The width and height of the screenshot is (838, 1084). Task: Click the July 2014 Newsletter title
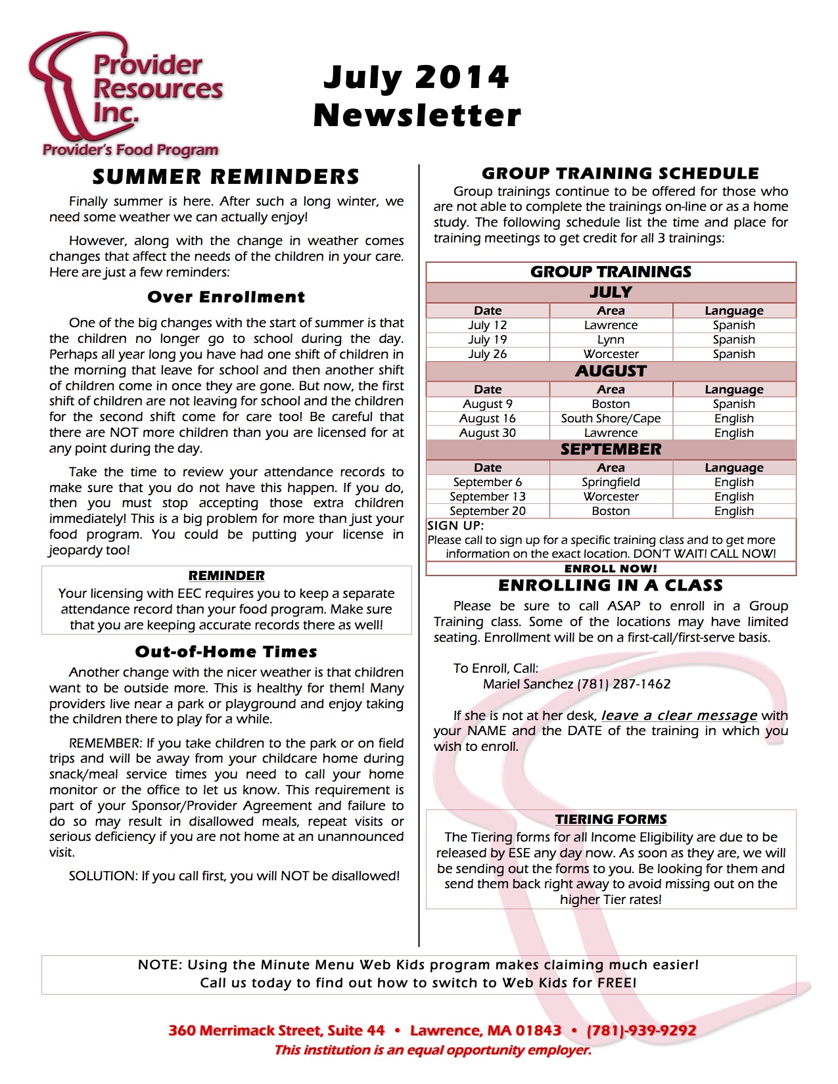tap(417, 96)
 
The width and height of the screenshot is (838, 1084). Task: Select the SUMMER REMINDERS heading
tap(226, 177)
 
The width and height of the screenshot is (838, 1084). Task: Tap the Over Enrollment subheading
tap(226, 297)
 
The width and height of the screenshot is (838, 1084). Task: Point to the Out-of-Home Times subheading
tap(226, 652)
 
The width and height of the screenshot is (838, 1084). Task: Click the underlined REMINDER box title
tap(226, 576)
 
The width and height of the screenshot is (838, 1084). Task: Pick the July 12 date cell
tap(487, 325)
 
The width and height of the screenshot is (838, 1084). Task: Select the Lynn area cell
tap(611, 340)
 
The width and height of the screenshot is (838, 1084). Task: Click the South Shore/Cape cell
tap(611, 418)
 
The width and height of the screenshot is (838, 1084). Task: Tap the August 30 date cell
tap(487, 433)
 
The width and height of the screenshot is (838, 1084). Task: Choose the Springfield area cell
tap(611, 482)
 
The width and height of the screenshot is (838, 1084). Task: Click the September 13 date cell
tap(487, 497)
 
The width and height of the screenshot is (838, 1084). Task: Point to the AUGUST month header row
tap(611, 371)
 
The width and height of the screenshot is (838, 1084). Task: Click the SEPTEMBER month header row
tap(611, 449)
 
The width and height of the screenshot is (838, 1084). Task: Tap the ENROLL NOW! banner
tap(611, 569)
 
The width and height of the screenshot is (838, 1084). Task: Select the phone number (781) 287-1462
tap(624, 684)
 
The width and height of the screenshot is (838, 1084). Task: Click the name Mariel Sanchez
tap(528, 684)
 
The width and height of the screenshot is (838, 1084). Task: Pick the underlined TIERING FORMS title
tap(611, 819)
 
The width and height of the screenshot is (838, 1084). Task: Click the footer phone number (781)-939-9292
tap(641, 1030)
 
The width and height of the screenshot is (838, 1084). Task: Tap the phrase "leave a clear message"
tap(679, 715)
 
